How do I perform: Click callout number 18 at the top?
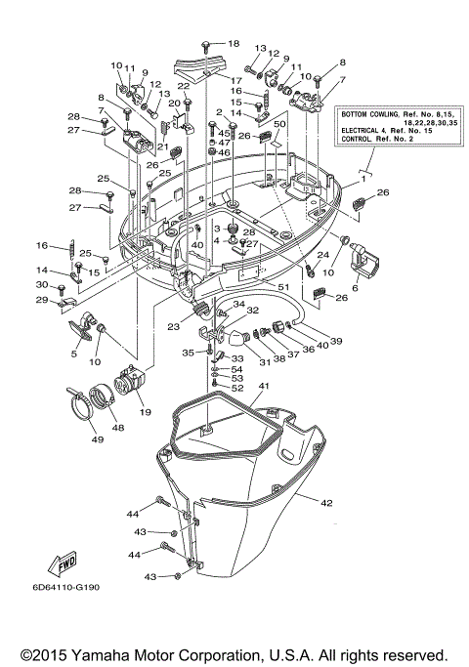233,44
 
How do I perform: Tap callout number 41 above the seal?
235,387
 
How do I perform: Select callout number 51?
284,286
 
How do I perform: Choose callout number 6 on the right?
355,288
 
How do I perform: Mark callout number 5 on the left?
74,354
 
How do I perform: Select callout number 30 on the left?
41,285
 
